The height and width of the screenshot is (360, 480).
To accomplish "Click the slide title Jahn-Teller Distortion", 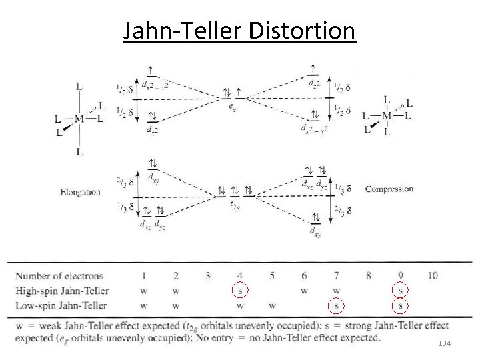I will point(239,31).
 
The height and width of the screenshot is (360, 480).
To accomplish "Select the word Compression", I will point(389,189).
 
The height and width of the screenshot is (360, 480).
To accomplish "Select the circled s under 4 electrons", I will point(240,291).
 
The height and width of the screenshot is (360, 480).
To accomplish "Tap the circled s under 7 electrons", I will point(337,306).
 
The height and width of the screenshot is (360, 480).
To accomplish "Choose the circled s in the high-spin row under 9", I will point(400,291).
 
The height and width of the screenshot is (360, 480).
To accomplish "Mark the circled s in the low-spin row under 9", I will point(400,306).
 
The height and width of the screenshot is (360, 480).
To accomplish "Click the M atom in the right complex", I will point(387,116).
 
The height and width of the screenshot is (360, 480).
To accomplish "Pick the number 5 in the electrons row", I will point(272,275).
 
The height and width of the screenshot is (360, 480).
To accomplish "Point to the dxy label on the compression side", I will point(313,231).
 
